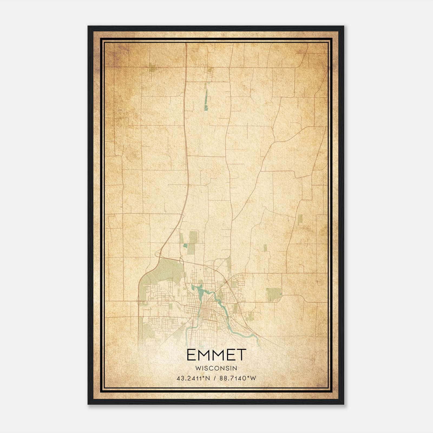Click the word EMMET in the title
216,355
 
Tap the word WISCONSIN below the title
216,368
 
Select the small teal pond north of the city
185,246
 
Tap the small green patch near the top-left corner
152,67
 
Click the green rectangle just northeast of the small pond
193,237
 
